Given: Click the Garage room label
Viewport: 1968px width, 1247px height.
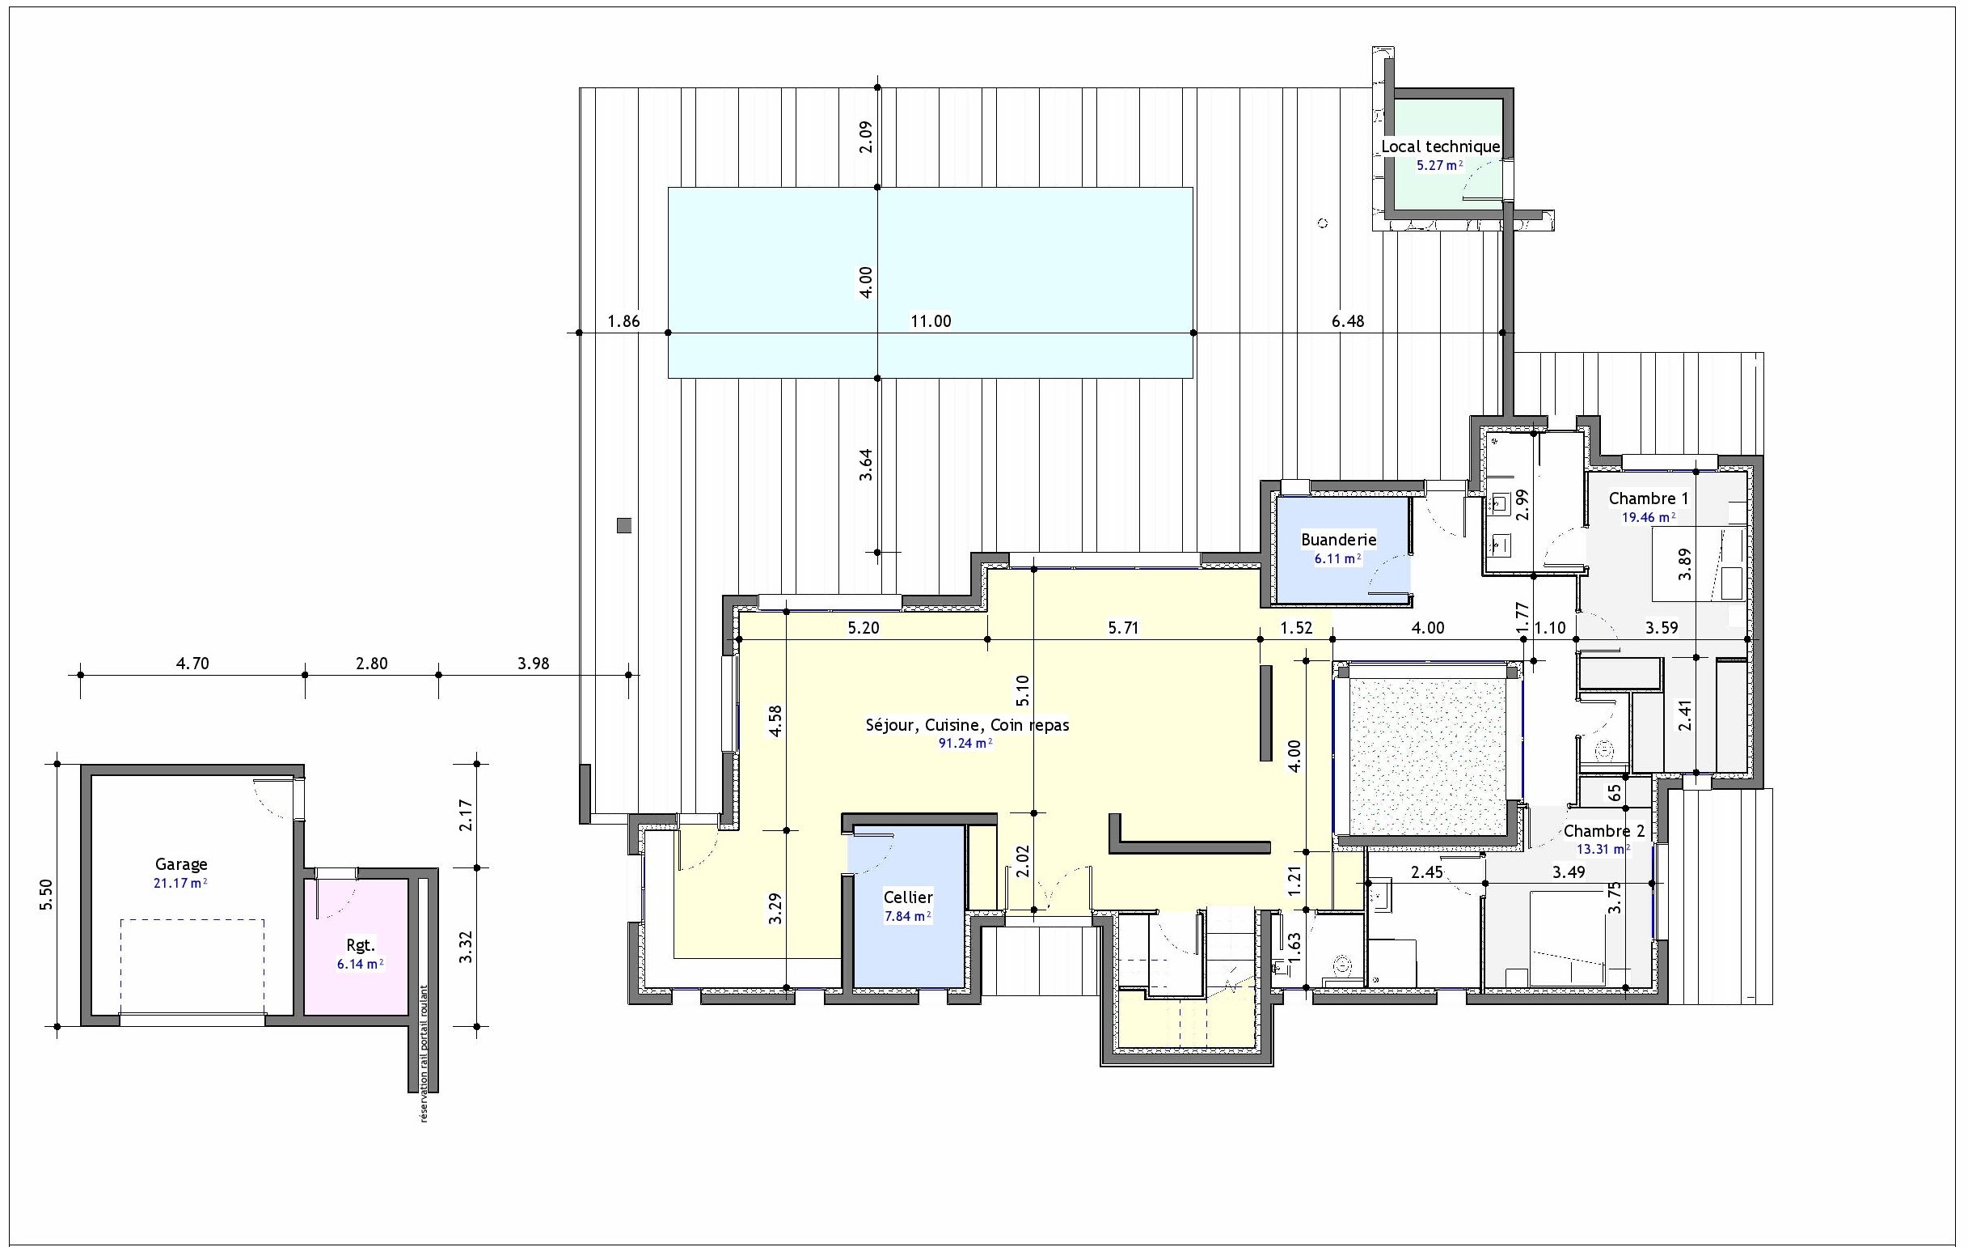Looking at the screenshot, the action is pos(181,864).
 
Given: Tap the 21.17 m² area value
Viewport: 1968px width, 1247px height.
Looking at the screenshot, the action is pos(180,883).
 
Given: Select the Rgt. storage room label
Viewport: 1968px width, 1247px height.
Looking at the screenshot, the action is pos(361,945).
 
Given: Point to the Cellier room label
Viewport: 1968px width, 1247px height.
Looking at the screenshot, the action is pos(908,897).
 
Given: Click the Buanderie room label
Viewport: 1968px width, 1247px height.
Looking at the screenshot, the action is pos(1339,540).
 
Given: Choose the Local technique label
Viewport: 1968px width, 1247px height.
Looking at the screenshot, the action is pos(1441,146).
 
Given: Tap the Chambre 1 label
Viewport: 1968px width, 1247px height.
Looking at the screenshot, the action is pos(1649,498).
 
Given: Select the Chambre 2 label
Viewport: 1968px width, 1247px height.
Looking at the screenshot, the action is pos(1604,831).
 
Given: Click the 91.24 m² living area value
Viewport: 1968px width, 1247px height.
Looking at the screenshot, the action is pos(966,744).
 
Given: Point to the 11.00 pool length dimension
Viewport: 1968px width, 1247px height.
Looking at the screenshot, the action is pos(931,321).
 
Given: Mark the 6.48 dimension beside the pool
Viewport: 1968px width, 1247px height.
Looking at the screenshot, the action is pos(1348,321).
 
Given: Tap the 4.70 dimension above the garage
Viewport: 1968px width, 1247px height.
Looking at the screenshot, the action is pos(193,664).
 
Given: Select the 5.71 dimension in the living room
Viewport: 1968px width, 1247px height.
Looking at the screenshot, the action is pos(1123,628).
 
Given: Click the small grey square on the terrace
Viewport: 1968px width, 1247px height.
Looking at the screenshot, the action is pos(624,526).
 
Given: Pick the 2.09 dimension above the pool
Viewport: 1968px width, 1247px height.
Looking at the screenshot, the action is pos(866,137).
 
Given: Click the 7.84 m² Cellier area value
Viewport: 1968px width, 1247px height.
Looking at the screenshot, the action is pos(908,916).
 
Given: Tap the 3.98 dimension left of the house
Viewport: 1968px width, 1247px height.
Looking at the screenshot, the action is pos(533,664).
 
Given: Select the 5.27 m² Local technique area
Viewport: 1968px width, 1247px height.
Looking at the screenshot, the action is pos(1439,165).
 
